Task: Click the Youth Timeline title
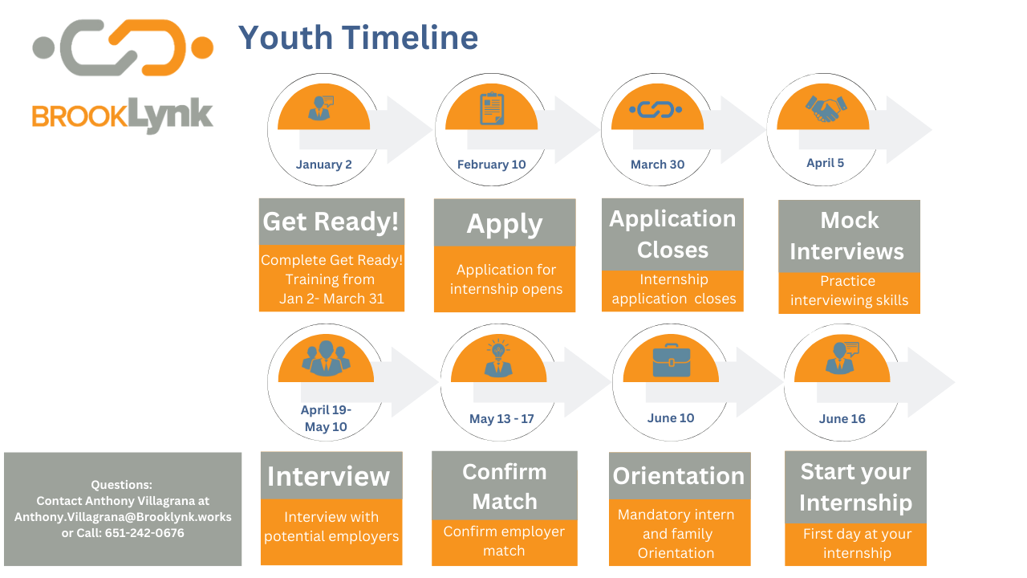358,38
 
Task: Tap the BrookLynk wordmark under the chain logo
123,115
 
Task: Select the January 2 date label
323,165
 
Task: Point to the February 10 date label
492,165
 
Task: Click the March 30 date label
657,165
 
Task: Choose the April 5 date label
826,163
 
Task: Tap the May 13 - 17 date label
501,418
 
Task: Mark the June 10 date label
671,418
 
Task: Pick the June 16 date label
842,418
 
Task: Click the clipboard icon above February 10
492,108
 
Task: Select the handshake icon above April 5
826,108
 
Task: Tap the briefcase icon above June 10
672,360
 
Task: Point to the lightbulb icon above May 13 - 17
498,358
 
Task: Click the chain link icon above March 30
656,110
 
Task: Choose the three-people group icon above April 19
326,358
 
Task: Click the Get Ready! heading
331,222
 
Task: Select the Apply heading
505,224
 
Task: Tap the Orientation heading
679,476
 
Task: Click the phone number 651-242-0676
144,532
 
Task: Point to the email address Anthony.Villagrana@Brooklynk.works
123,517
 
